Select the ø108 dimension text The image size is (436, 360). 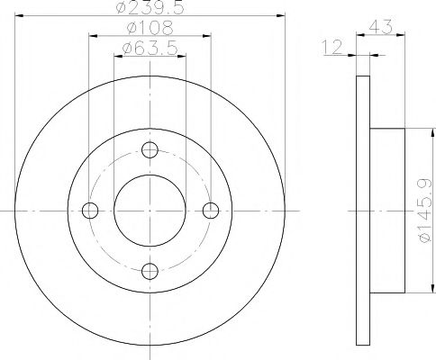150,29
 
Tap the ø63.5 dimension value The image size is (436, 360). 150,49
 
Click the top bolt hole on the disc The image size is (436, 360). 150,149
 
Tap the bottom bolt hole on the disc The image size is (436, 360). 150,270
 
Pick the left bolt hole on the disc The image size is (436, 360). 89,211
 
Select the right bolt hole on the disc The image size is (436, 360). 211,211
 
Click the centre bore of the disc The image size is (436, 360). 150,211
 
